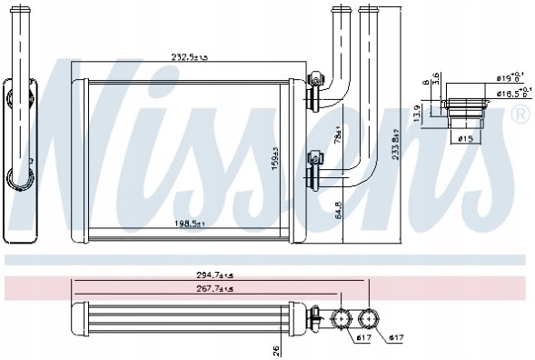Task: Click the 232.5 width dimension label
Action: click(189, 56)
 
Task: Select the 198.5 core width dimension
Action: click(189, 222)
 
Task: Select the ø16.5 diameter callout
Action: click(508, 93)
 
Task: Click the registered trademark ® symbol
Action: click(520, 114)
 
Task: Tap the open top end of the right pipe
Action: click(369, 9)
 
